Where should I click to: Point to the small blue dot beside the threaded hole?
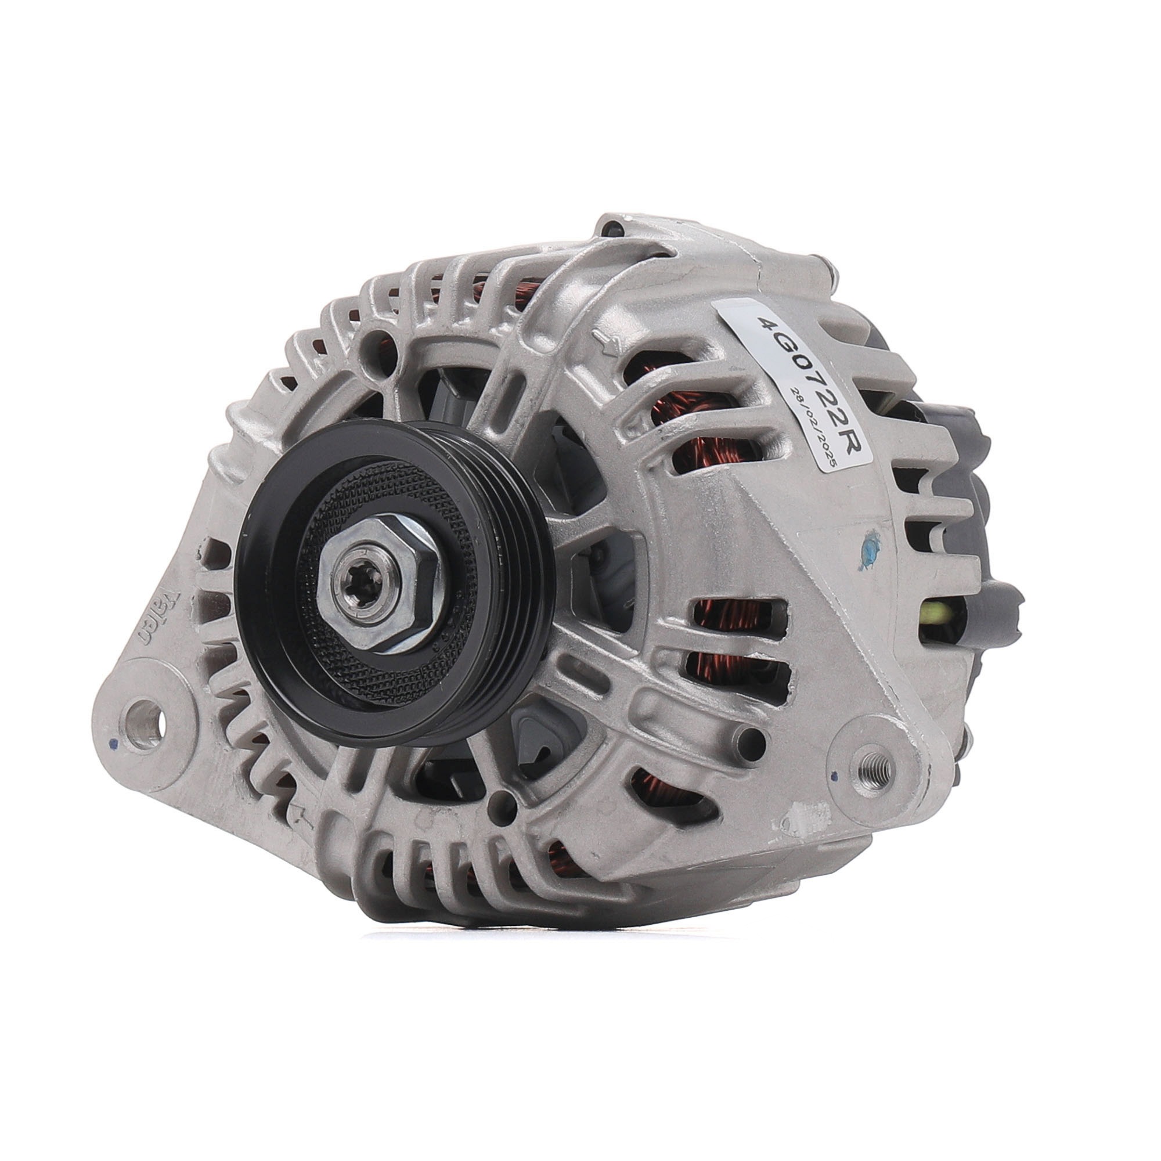pos(834,776)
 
